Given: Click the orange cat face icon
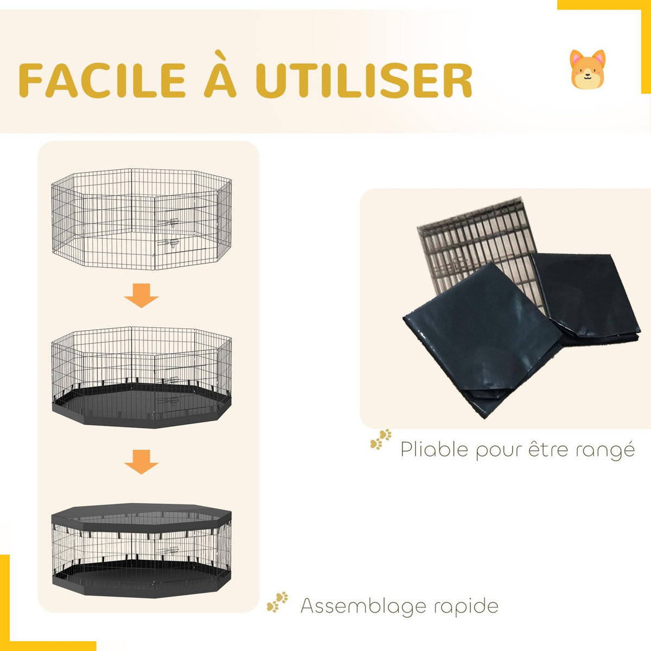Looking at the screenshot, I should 588,69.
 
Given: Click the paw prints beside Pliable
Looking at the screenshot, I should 381,439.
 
